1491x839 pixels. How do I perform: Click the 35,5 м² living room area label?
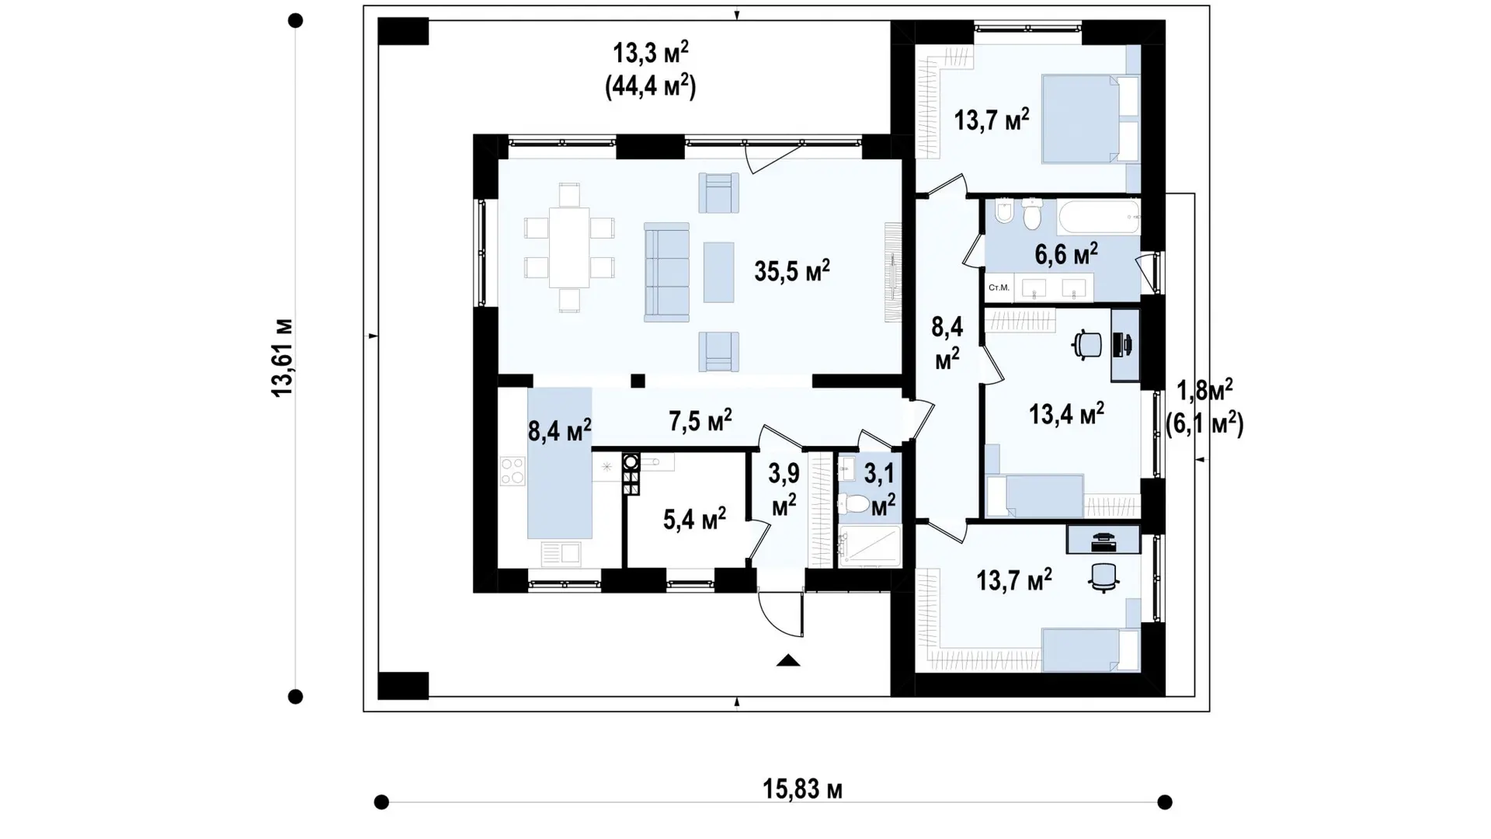click(792, 271)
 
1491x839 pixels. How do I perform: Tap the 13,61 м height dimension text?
click(282, 358)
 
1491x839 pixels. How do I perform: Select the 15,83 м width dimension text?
click(802, 789)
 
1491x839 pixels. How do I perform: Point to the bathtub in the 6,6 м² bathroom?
click(1099, 218)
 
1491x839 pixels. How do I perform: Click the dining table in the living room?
click(569, 247)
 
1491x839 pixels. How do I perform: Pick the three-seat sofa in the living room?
click(666, 272)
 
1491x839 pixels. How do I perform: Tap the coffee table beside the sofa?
click(719, 272)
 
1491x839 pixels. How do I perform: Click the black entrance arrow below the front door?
click(788, 660)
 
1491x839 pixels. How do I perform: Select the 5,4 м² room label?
click(695, 518)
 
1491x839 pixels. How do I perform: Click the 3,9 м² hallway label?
click(784, 489)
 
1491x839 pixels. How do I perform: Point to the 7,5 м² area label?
click(700, 421)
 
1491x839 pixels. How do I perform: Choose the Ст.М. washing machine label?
click(999, 287)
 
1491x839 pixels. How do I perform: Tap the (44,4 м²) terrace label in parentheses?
click(651, 86)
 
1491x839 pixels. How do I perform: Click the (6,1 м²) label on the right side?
click(1204, 424)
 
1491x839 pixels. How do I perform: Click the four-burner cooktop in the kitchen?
click(513, 471)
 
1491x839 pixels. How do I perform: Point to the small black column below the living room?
click(638, 381)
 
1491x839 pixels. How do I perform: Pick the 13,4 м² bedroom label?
click(1067, 414)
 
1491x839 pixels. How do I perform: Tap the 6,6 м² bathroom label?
click(1066, 253)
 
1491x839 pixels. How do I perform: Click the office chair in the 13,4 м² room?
click(1087, 344)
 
